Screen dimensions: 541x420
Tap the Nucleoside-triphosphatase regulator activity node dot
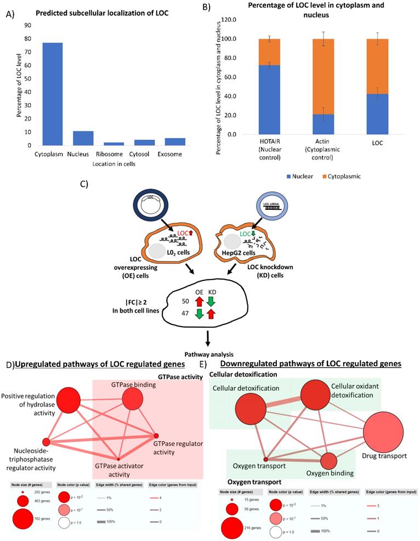pyautogui.click(x=47, y=442)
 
